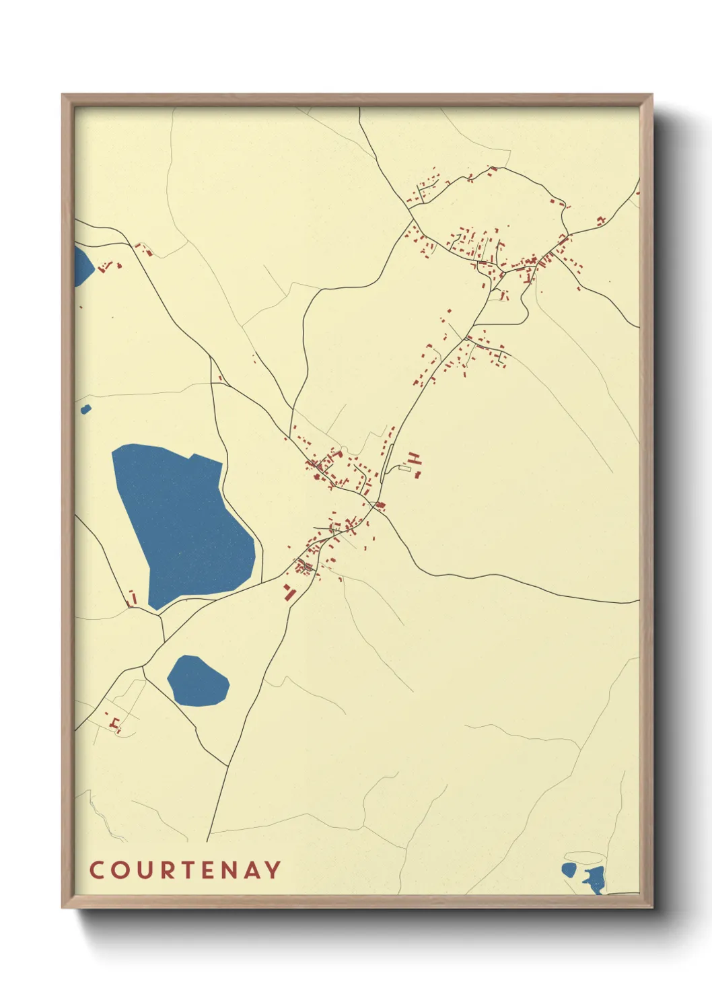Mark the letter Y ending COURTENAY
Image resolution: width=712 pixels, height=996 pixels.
pos(273,869)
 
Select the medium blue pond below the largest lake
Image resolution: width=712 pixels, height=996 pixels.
pos(197,682)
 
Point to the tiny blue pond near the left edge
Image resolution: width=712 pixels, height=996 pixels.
pos(85,408)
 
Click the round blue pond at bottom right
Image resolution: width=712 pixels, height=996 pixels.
pos(569,869)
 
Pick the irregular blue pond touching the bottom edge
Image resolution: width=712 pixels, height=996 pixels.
pos(596,880)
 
